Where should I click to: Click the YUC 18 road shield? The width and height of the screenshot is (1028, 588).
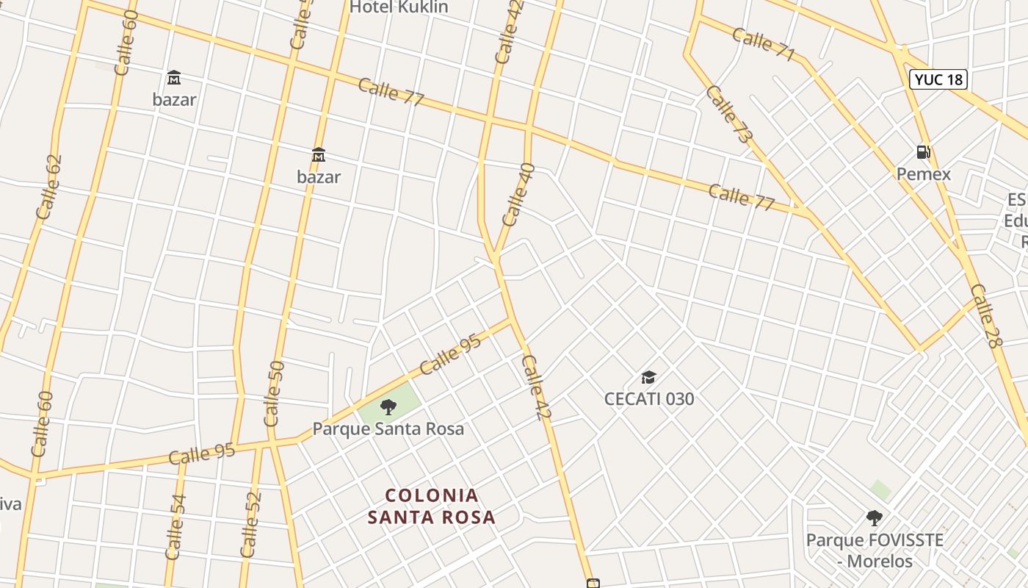(938, 79)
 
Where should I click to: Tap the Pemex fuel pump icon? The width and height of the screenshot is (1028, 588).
(923, 152)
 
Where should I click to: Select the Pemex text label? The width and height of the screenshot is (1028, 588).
(923, 174)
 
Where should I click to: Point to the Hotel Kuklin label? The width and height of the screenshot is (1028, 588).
(399, 7)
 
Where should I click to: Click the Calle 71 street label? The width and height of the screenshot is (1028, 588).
(764, 44)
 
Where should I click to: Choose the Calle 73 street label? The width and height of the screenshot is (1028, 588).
(729, 114)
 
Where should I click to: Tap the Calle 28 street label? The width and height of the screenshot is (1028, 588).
(985, 316)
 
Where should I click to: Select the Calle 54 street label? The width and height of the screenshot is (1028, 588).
(175, 527)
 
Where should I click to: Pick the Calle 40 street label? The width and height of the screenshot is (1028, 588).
(518, 194)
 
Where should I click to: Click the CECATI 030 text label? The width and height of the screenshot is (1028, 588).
(648, 399)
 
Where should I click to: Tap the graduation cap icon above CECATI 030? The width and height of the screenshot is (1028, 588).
(648, 378)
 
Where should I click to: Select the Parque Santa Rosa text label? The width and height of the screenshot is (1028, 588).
(388, 429)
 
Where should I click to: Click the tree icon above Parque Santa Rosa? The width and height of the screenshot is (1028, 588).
(388, 406)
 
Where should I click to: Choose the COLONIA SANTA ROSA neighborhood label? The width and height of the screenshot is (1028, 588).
(432, 506)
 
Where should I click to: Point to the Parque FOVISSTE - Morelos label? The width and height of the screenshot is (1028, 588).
(875, 551)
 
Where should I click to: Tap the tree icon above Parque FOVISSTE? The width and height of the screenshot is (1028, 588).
(874, 518)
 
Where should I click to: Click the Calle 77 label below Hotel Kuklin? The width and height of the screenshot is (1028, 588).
(391, 92)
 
